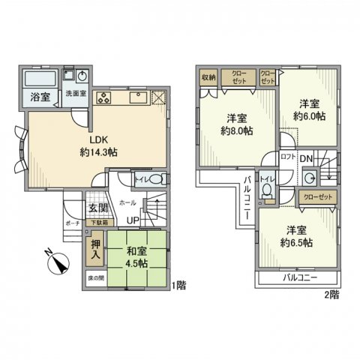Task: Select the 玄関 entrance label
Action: click(x=97, y=208)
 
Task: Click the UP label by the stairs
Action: click(x=132, y=220)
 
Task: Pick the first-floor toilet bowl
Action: click(x=154, y=181)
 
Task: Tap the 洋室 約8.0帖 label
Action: click(x=237, y=124)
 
